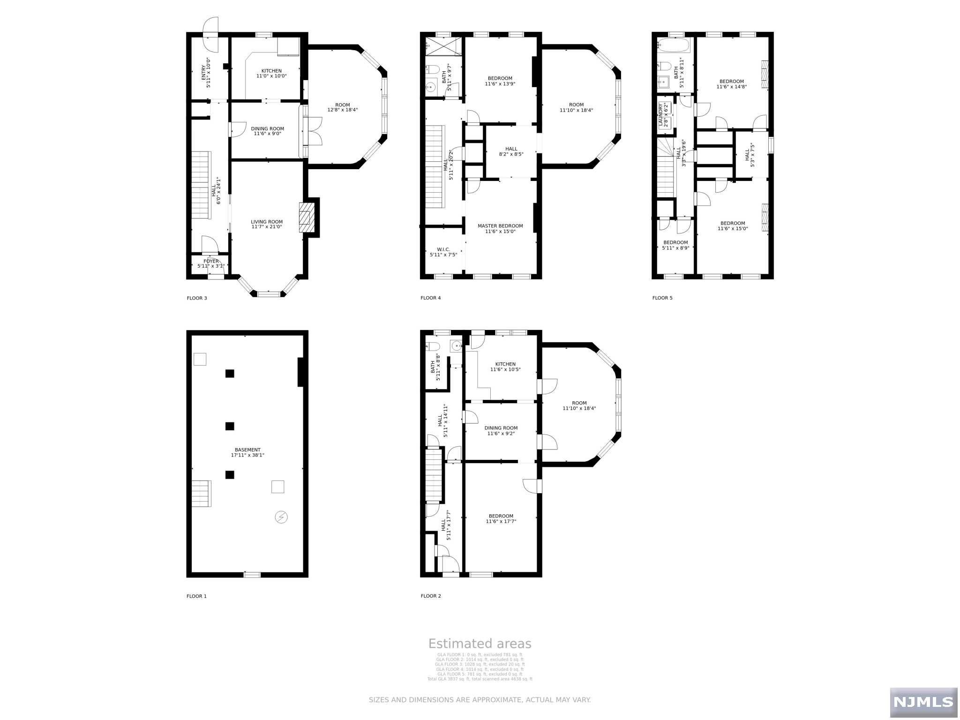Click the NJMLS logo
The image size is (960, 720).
923,701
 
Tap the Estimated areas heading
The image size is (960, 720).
480,644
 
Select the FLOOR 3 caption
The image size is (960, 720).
196,298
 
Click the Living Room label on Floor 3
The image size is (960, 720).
266,224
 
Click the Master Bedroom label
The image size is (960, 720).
500,228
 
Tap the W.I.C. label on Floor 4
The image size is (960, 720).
443,252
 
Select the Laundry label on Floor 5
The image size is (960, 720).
664,115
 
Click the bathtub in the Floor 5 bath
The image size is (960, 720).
673,46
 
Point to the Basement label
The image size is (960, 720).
247,452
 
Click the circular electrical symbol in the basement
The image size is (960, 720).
281,517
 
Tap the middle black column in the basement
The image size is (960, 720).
230,426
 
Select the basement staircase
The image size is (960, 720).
201,493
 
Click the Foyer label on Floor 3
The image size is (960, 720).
211,263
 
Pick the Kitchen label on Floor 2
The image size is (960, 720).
505,367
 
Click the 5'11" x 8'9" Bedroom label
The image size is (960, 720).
675,245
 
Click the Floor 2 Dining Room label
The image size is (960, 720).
501,430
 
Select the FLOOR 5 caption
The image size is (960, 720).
662,298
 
